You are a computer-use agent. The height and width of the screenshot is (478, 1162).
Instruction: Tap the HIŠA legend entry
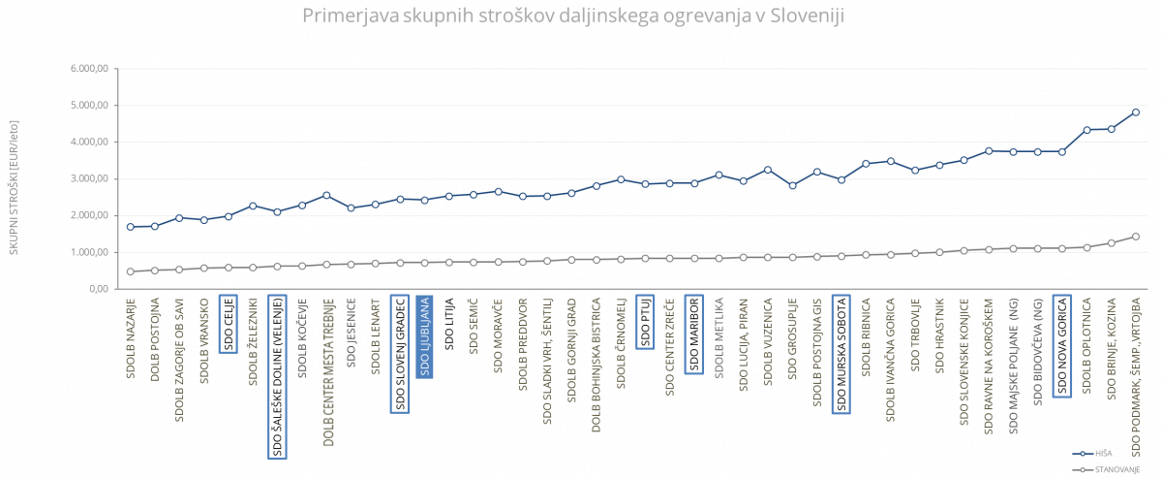(1103, 453)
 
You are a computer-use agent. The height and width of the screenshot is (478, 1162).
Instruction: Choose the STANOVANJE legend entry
(1116, 468)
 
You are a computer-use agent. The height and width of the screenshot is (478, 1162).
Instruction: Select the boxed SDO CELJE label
(229, 324)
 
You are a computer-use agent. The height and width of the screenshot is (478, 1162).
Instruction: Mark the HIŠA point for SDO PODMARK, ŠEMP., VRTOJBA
(1136, 112)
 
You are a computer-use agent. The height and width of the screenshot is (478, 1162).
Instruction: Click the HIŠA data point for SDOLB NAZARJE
(131, 227)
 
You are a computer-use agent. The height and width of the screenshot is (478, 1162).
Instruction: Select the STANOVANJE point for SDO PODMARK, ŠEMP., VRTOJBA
(1136, 236)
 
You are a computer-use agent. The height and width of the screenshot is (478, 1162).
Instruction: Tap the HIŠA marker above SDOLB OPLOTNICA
(1087, 130)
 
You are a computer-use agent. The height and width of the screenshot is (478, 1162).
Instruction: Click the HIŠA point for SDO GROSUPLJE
(792, 185)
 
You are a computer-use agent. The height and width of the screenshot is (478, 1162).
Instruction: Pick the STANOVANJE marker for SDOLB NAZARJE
(131, 271)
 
